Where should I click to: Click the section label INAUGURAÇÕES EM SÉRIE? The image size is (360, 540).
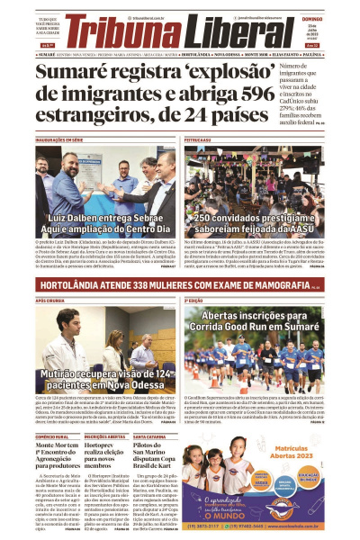59,140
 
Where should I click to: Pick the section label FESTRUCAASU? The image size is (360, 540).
197,140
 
